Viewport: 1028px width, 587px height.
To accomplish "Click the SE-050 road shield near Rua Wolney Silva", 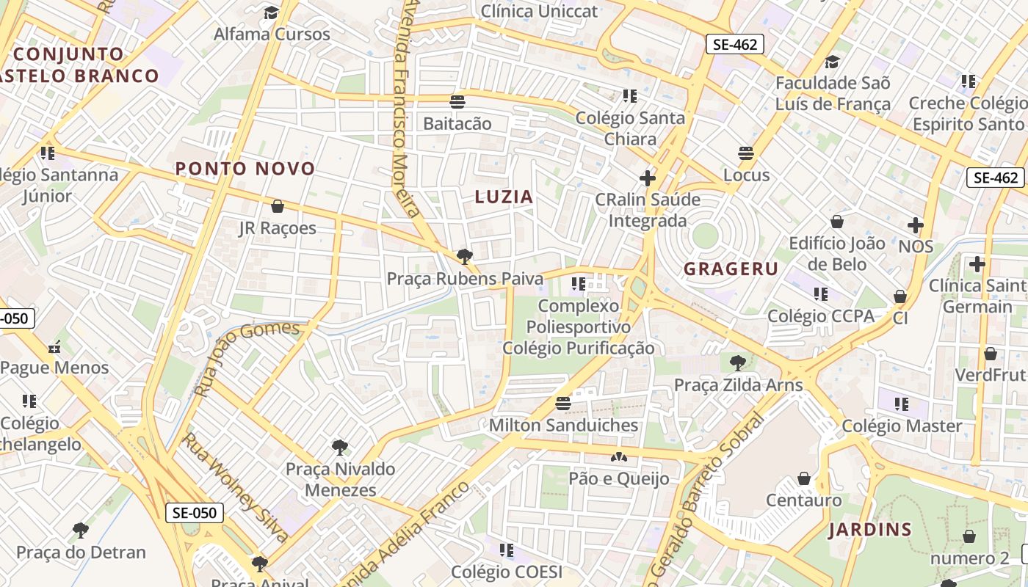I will coord(195,512).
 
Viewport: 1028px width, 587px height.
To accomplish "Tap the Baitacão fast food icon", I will coord(457,101).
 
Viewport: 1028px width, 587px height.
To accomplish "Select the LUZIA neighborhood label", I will coord(504,197).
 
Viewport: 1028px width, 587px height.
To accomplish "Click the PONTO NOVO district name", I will coord(245,169).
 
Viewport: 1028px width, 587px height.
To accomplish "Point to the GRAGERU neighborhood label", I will coord(731,269).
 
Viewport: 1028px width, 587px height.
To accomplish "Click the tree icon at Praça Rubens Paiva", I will coord(464,256).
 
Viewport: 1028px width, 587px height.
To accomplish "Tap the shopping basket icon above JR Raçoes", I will coord(278,206).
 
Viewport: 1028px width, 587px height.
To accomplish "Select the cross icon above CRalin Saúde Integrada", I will coord(647,178).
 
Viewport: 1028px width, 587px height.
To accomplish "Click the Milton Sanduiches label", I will coord(563,425).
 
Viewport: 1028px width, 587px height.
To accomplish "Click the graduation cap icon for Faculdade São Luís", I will coord(832,62).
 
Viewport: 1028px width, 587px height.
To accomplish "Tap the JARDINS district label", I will coord(870,529).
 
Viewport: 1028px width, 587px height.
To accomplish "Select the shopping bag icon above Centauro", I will coord(804,478).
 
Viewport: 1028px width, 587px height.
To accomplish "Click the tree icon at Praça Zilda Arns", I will coord(737,362).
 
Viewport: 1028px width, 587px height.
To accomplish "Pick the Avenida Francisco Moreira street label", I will coord(405,110).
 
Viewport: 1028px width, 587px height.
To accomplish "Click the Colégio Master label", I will coord(902,426).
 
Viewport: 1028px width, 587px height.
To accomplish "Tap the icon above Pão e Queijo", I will coord(619,457).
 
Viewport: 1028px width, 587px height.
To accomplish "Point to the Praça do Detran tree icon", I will coord(81,530).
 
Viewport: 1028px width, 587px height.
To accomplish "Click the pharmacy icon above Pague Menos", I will coord(54,347).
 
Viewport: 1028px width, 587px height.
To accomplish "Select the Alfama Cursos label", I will coord(272,34).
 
